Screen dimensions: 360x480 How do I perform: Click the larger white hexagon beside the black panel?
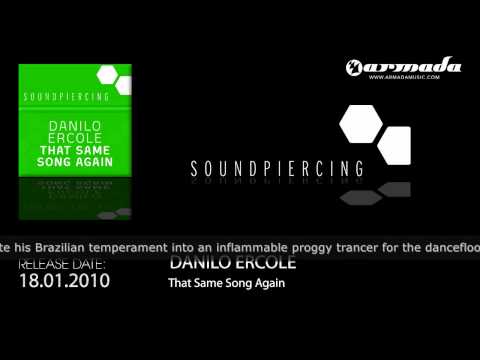[359, 124]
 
